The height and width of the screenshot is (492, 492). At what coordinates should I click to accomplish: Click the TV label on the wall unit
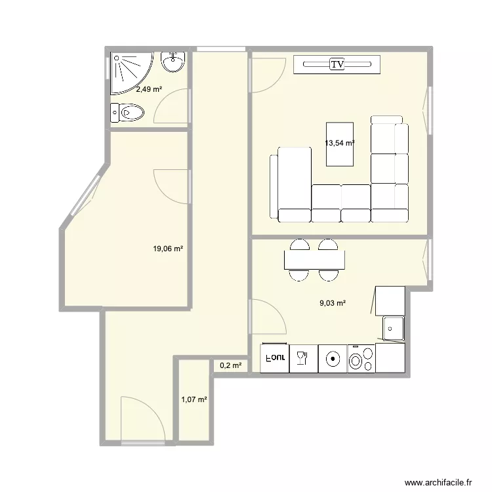click(337, 64)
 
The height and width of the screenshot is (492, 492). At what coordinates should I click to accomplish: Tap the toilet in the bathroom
click(127, 112)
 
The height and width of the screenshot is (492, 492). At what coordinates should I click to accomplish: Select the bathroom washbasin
click(173, 62)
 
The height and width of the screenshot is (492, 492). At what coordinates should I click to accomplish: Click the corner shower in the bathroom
click(132, 73)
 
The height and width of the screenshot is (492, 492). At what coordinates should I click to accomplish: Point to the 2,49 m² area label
click(149, 89)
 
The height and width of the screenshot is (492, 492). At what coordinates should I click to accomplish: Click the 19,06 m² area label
click(168, 249)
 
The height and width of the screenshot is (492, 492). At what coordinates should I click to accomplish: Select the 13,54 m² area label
click(340, 143)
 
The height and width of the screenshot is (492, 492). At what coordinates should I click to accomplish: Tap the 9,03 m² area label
click(333, 303)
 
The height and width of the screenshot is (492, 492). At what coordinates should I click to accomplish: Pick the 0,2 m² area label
click(231, 365)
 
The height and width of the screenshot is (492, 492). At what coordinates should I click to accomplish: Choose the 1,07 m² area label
click(194, 400)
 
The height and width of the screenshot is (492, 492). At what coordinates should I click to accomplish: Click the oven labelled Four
click(275, 358)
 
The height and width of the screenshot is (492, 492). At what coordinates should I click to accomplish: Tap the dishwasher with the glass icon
click(304, 359)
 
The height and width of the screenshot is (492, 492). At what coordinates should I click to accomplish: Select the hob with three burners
click(361, 359)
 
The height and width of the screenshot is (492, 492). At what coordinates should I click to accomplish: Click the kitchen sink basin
click(393, 328)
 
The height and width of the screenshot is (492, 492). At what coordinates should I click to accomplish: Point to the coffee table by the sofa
click(340, 144)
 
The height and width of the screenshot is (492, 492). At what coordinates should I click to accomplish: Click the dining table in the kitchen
click(314, 260)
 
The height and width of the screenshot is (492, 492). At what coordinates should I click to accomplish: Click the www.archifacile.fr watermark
click(438, 482)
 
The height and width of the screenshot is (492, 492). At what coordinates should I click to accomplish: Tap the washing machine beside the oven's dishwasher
click(333, 359)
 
